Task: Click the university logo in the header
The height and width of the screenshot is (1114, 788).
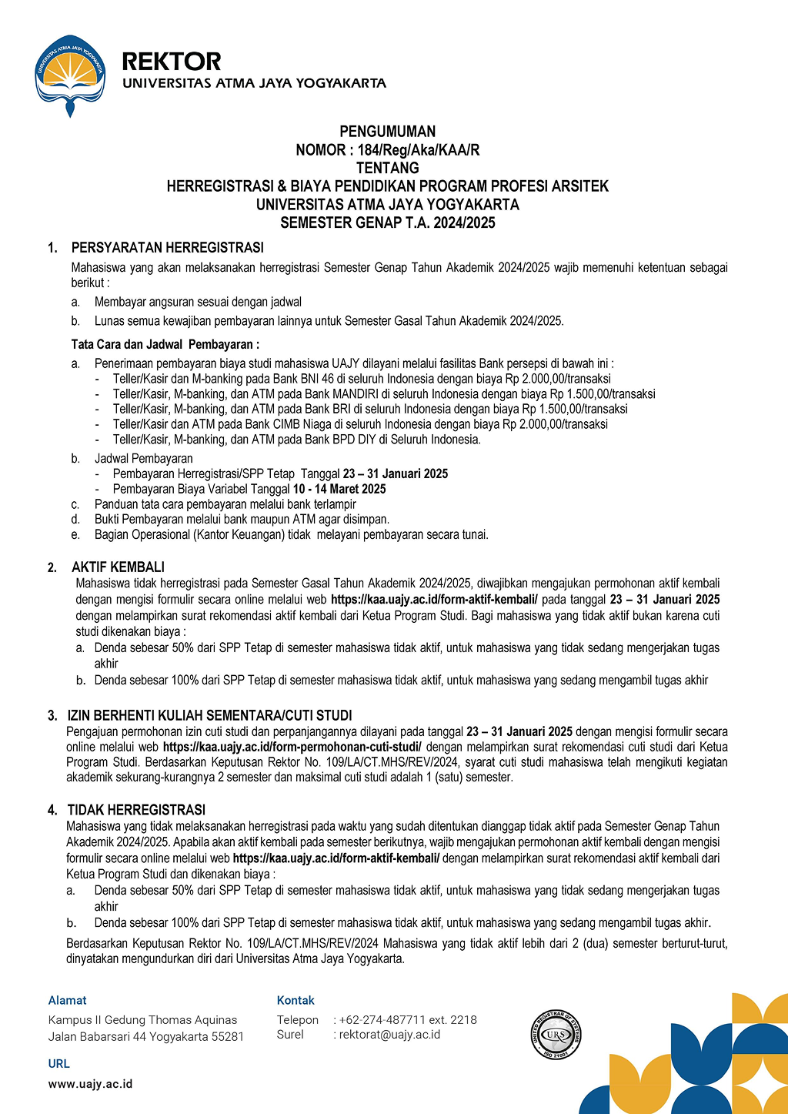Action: click(69, 75)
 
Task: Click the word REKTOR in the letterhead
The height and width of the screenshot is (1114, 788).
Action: click(172, 61)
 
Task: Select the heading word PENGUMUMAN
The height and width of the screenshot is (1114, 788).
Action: click(387, 132)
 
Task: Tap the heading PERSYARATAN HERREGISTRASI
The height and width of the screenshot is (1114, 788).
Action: click(167, 248)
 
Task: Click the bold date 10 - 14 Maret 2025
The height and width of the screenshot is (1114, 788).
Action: click(339, 489)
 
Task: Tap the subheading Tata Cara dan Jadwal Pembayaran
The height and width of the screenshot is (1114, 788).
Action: click(165, 344)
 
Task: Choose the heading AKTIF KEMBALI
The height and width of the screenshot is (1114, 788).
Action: click(118, 567)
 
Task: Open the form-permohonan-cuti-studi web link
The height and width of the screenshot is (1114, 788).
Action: click(292, 747)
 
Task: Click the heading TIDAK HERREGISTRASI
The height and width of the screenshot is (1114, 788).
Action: click(136, 810)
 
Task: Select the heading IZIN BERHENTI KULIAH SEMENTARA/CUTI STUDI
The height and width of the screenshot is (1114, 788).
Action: click(209, 715)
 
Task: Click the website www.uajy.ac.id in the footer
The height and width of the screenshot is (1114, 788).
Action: click(90, 1084)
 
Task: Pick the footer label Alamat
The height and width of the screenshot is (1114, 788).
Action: click(68, 1001)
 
